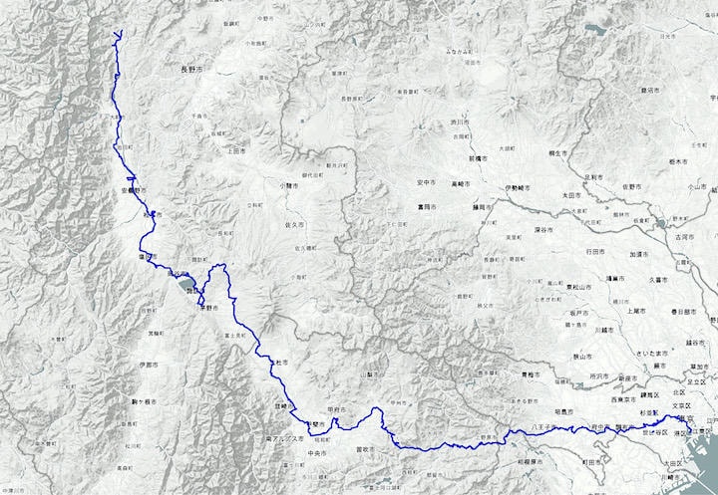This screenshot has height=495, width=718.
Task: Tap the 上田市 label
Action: click(x=236, y=151)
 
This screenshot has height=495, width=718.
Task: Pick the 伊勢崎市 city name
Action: click(x=518, y=186)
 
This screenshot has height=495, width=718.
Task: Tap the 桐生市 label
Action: click(x=556, y=152)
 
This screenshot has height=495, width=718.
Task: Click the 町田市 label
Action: click(x=596, y=463)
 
